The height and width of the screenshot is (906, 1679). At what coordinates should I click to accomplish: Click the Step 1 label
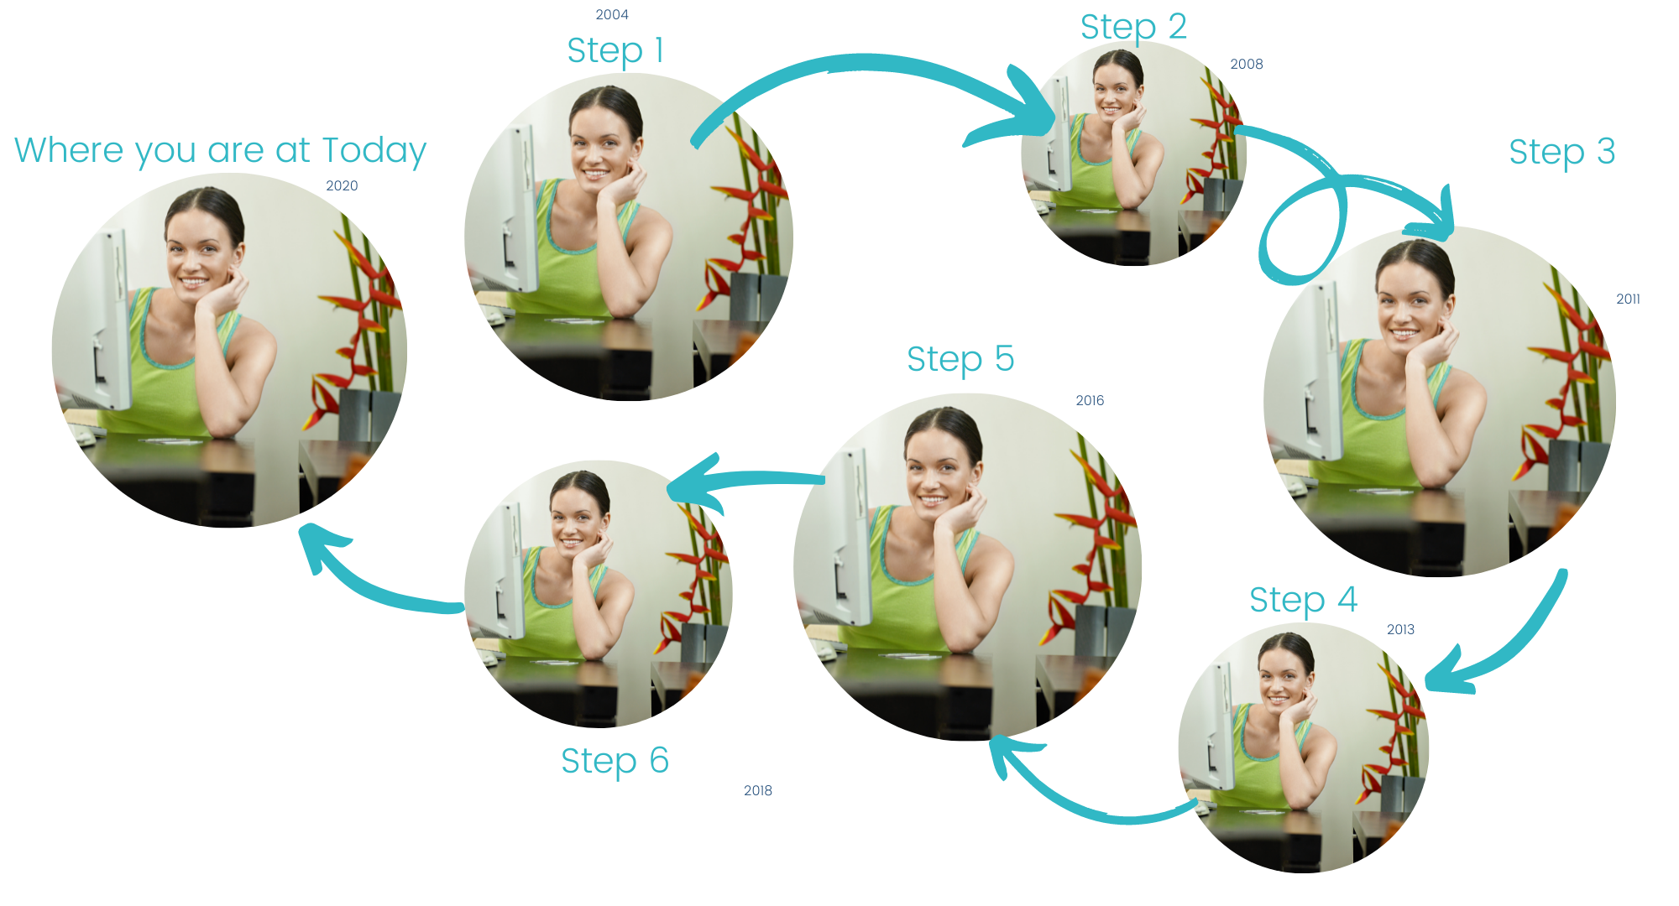point(615,51)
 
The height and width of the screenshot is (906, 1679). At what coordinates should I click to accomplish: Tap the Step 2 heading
point(1133,27)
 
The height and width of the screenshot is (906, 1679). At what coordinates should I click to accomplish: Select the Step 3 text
point(1561,152)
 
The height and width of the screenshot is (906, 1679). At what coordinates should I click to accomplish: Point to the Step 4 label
point(1303,600)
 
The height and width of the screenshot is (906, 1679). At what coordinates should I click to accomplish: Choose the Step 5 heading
point(960,359)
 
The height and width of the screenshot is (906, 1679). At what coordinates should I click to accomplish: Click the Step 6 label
point(615,761)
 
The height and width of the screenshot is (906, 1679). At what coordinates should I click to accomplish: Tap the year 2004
point(612,14)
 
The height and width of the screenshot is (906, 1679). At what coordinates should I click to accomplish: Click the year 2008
point(1247,64)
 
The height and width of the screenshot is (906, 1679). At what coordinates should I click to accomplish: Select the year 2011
point(1628,299)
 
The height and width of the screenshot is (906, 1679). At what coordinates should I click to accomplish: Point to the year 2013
point(1400,629)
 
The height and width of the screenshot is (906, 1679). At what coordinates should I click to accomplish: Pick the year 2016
point(1090,400)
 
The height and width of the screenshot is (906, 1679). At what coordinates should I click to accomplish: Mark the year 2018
point(758,790)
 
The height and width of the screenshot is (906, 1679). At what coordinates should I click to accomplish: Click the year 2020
point(342,185)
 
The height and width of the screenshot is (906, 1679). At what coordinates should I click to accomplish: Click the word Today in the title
point(374,151)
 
